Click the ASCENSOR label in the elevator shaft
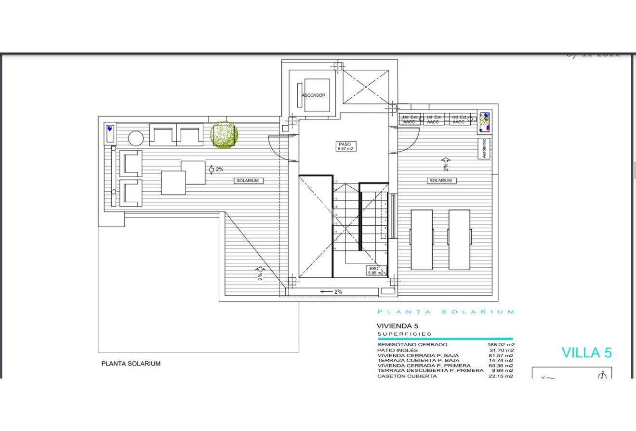click(x=314, y=95)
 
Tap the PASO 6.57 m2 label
click(x=345, y=146)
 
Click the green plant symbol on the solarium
click(x=224, y=134)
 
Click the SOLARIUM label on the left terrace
click(x=248, y=181)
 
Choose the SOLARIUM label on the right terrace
click(x=441, y=181)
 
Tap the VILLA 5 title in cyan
click(x=586, y=353)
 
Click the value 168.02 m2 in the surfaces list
click(x=501, y=345)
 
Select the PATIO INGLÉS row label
click(x=397, y=350)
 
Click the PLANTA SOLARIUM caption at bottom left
click(x=131, y=364)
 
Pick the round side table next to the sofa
click(x=136, y=138)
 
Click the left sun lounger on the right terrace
click(x=422, y=239)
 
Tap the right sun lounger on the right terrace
click(x=459, y=239)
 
